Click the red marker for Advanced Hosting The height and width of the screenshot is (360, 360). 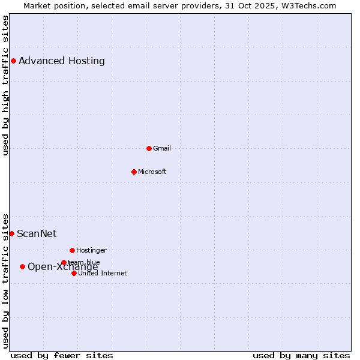click(13, 61)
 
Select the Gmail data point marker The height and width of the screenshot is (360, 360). click(149, 148)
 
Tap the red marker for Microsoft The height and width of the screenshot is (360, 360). click(134, 172)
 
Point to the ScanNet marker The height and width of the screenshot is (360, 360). click(11, 233)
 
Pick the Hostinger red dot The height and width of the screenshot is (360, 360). click(72, 250)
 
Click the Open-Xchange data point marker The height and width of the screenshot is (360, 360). click(22, 266)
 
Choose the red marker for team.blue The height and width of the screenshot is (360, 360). click(64, 262)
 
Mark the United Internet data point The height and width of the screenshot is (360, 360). click(74, 273)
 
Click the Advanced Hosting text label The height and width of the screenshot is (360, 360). click(62, 61)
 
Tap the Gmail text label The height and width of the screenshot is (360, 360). click(162, 148)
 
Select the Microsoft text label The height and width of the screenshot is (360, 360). click(152, 172)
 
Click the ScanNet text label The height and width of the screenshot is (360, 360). click(37, 233)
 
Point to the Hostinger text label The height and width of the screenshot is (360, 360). click(91, 250)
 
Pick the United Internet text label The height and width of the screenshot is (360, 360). click(103, 273)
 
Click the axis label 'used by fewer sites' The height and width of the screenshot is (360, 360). click(62, 355)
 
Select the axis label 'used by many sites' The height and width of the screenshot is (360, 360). click(301, 355)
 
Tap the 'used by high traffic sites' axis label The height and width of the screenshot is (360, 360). click(5, 85)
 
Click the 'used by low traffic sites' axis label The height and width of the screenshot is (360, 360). click(5, 280)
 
